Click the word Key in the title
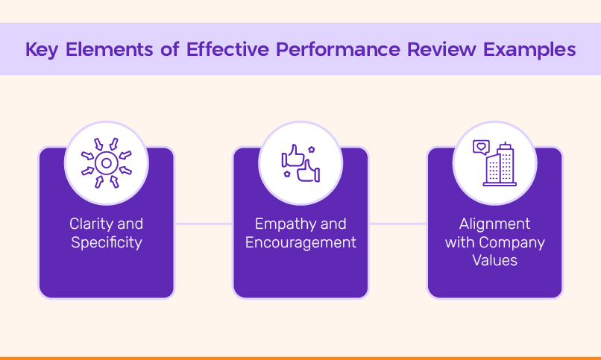pos(43,50)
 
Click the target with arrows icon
pos(107,162)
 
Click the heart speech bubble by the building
pos(481,147)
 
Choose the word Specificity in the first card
pos(107,242)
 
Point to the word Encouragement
pos(300,242)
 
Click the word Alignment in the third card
pos(495,224)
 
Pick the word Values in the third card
pos(495,261)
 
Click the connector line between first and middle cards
pos(204,223)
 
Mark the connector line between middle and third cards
pos(397,223)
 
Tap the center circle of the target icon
pos(107,162)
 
